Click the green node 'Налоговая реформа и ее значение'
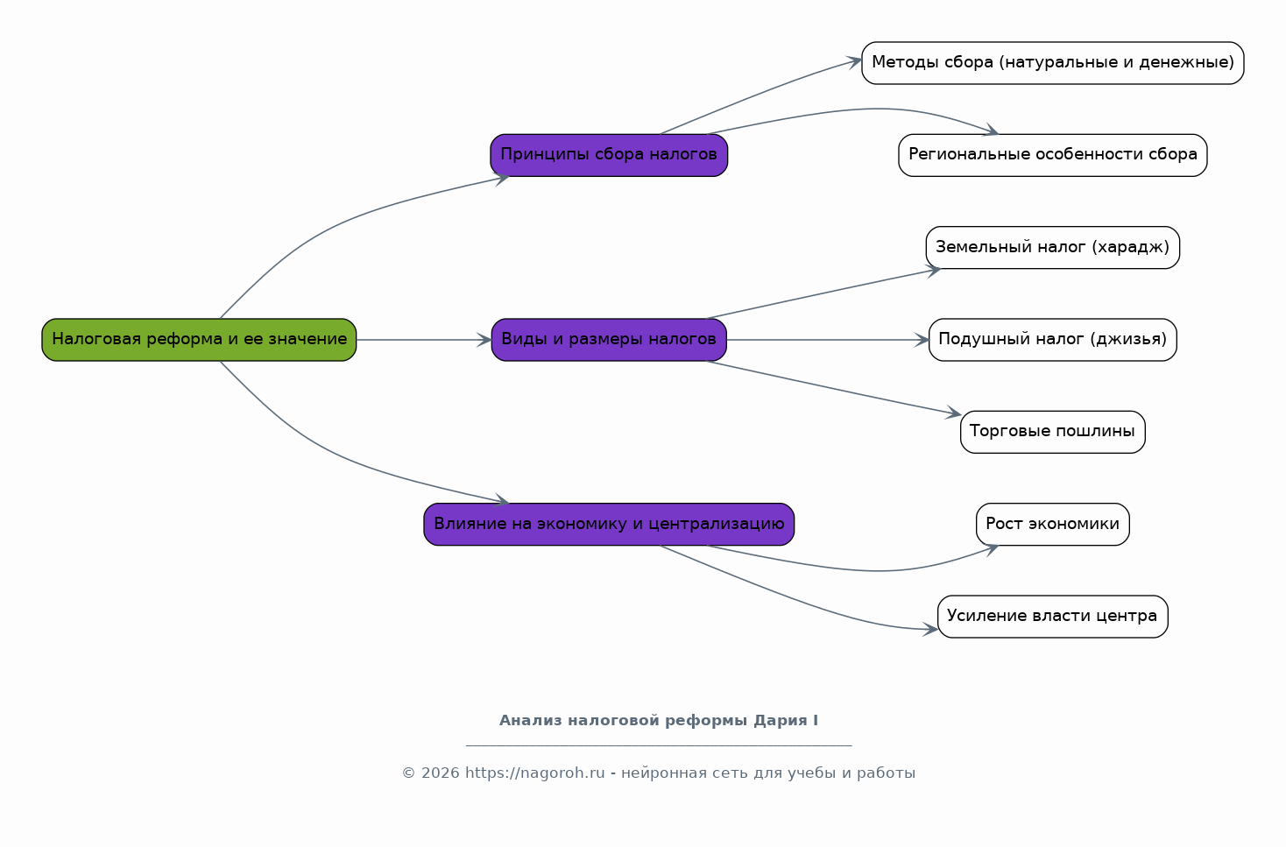tap(199, 340)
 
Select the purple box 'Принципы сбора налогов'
tap(609, 155)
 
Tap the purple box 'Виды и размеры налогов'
tap(609, 340)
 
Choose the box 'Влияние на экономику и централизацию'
tap(609, 525)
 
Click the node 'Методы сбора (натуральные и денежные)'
tap(1053, 63)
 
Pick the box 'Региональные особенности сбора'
tap(1053, 155)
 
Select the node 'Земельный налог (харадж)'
tap(1053, 247)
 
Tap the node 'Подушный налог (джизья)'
tap(1053, 340)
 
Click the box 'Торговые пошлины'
tap(1053, 432)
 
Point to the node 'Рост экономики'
tap(1053, 525)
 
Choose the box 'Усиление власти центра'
tap(1053, 617)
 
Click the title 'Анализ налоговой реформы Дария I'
tap(659, 720)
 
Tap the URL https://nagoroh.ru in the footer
tap(535, 773)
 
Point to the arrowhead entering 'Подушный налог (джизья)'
tap(922, 340)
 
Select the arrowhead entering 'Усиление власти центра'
tap(930, 630)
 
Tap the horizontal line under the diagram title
tap(659, 746)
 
